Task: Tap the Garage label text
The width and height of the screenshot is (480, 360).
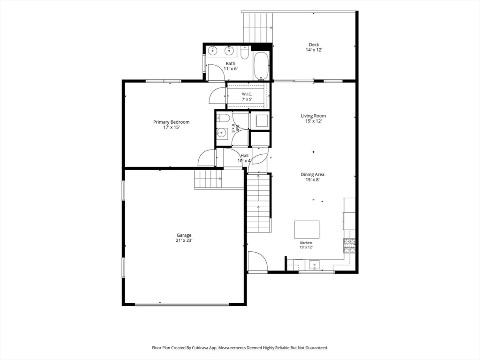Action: click(184, 235)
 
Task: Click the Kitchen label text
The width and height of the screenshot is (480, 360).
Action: click(306, 243)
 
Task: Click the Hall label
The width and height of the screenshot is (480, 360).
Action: click(244, 156)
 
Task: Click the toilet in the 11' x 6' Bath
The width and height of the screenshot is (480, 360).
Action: click(245, 52)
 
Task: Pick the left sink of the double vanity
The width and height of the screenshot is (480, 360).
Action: click(211, 51)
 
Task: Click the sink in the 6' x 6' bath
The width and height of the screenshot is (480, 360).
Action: click(221, 133)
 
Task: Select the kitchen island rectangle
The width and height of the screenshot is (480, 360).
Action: click(307, 230)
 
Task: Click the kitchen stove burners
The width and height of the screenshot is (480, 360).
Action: click(350, 246)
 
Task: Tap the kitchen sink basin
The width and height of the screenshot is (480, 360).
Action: click(315, 264)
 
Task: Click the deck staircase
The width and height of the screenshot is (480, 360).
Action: click(258, 27)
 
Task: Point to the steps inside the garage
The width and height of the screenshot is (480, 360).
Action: click(208, 180)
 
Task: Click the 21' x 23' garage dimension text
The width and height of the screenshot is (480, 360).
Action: click(184, 240)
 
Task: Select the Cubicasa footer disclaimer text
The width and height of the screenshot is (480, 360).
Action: click(240, 348)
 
